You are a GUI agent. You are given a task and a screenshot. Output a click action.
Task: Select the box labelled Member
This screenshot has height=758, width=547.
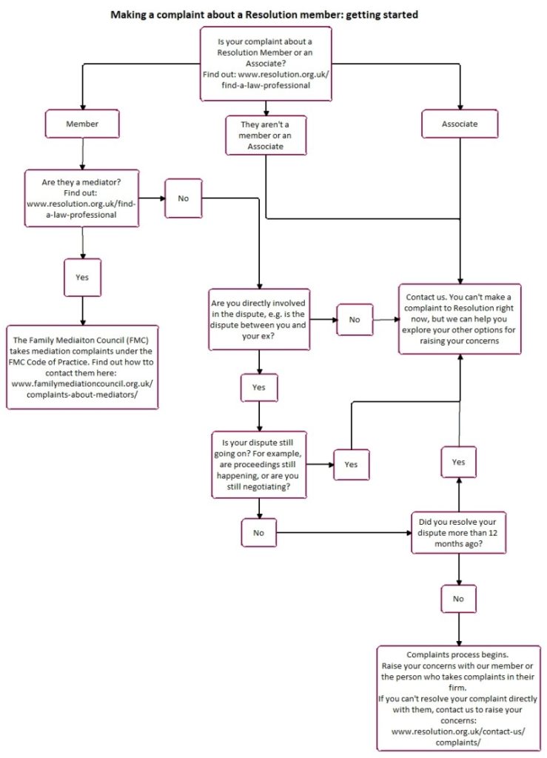pos(81,124)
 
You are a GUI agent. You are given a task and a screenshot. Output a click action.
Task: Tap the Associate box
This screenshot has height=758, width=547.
pos(460,124)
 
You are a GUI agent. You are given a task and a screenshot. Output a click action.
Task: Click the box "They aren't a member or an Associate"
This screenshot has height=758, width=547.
pos(266,135)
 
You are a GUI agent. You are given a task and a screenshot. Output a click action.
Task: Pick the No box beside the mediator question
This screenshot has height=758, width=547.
pos(183,198)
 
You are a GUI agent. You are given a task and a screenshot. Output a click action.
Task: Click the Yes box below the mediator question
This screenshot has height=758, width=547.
pos(81,277)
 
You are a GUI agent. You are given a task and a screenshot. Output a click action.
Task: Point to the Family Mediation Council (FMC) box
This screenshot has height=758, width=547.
pos(82,366)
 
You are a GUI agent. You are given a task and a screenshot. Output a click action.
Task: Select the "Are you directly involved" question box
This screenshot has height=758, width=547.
pos(261,318)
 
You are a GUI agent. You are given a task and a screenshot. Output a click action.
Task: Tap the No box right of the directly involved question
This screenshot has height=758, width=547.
pos(354,319)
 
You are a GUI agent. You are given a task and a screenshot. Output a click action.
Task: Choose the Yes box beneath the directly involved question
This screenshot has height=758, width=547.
pos(259,386)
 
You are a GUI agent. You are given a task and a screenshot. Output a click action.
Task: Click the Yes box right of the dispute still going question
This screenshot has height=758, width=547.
pos(351,464)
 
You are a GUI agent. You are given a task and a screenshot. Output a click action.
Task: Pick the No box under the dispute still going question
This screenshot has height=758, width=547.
pos(259,531)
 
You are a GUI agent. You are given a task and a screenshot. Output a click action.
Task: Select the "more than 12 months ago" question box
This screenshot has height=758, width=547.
pos(459,531)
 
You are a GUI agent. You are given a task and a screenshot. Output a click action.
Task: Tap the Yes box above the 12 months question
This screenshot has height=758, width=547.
pos(459,461)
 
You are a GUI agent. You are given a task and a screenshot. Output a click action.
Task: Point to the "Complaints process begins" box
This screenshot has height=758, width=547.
pos(459,698)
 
